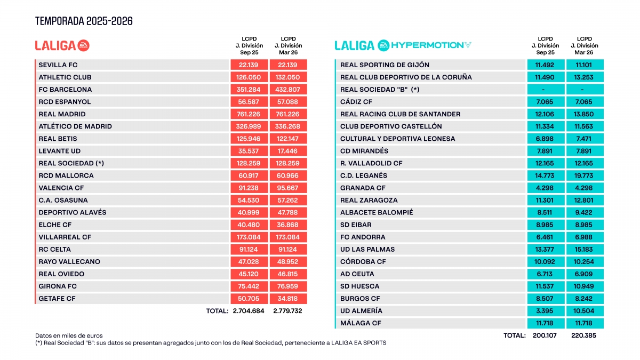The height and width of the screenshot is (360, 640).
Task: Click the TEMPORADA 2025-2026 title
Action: (x=84, y=21)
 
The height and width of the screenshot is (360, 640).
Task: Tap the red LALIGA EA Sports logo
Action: (x=62, y=45)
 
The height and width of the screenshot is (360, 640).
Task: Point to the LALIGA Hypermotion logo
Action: (x=403, y=45)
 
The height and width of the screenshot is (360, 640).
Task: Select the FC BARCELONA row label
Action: (x=65, y=90)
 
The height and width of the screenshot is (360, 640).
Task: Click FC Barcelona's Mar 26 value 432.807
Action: (x=288, y=90)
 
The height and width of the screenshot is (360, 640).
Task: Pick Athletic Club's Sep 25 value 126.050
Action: (x=249, y=77)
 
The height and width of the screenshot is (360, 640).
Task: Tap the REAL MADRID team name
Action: (x=62, y=114)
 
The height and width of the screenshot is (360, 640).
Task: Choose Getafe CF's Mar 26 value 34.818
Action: (x=288, y=299)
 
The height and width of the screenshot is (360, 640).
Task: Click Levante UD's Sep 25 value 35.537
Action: (x=249, y=151)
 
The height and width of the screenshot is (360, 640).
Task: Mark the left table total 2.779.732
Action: (x=288, y=311)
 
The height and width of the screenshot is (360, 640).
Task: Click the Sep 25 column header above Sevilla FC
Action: (x=249, y=45)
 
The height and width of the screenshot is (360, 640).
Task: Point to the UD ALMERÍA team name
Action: (x=361, y=311)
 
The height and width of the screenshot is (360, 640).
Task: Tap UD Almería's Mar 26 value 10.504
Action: (x=585, y=311)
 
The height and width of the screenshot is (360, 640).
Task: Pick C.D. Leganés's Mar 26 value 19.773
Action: (x=585, y=175)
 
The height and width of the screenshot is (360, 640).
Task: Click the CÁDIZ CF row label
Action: (x=356, y=102)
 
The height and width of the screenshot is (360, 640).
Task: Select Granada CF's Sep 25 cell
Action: (x=545, y=188)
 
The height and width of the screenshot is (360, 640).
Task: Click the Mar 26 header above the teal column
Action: (x=585, y=45)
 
